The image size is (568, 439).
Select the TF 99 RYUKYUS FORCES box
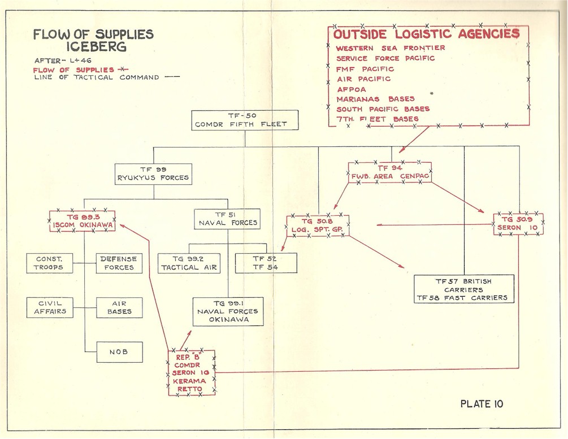(x=152, y=173)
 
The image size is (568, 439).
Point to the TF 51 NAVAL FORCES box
(x=227, y=219)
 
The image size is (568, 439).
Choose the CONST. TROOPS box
(x=50, y=263)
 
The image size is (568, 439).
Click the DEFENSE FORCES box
(x=119, y=263)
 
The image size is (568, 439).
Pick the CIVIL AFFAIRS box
(x=50, y=307)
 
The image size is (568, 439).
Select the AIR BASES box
(x=119, y=307)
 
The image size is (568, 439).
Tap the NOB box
(x=119, y=351)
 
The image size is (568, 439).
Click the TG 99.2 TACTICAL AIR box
(x=189, y=263)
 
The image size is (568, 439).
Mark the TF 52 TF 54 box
(x=265, y=263)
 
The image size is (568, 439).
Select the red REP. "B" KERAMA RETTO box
(x=192, y=372)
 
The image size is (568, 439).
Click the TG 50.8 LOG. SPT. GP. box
(x=318, y=225)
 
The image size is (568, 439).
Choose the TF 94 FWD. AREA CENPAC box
(x=390, y=172)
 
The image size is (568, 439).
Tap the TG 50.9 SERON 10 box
(x=518, y=224)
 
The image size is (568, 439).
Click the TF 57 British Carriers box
(x=463, y=289)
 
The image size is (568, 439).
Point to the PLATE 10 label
(x=481, y=404)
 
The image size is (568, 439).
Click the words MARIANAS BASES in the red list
(x=375, y=99)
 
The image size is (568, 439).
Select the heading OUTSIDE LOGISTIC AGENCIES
(x=427, y=34)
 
